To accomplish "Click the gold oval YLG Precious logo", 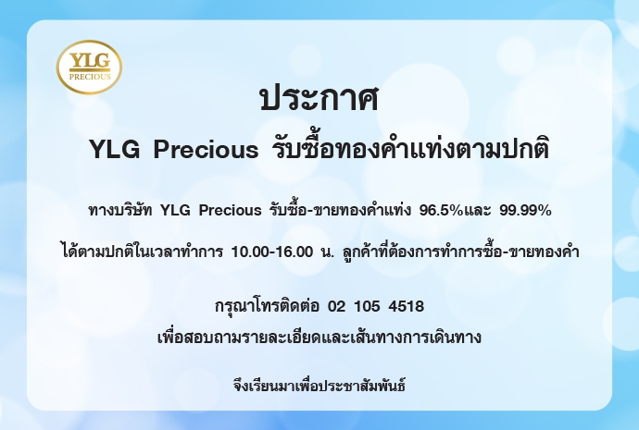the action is click(89, 67).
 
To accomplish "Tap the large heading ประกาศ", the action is click(319, 98).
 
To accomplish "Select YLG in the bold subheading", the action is click(115, 149).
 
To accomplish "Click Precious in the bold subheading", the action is click(206, 149).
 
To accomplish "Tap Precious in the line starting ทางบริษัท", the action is click(231, 210).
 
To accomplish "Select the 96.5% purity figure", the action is click(442, 210).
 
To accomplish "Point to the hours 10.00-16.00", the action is click(272, 252).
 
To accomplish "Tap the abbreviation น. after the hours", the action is click(328, 252).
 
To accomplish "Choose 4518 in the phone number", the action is click(407, 306).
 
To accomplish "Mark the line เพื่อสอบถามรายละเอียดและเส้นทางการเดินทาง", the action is click(319, 338).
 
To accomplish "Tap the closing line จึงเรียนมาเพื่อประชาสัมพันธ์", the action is click(319, 385).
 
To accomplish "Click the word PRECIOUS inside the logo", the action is click(90, 77).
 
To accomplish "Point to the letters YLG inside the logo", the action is click(90, 61).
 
